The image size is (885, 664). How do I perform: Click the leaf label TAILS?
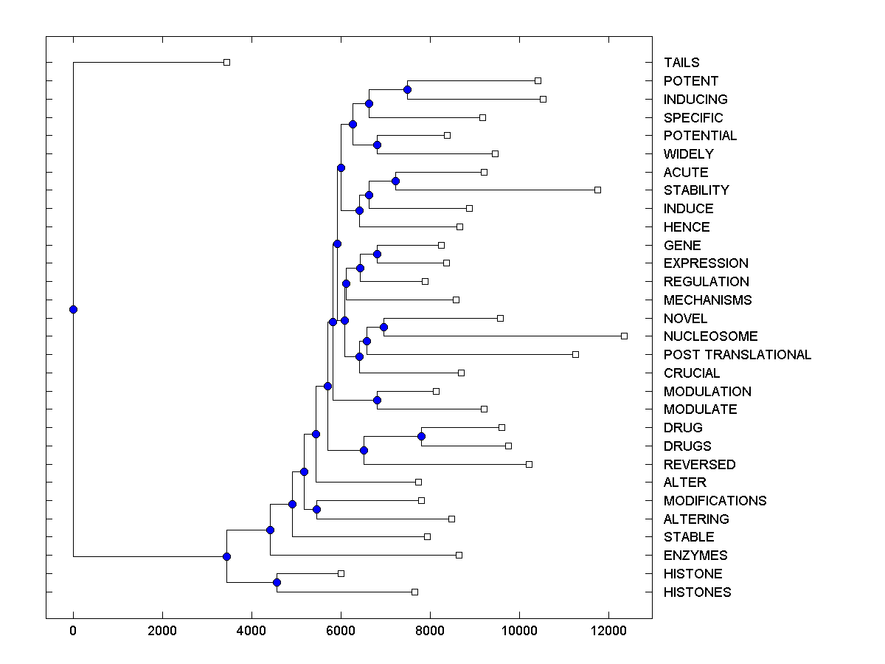[x=681, y=63]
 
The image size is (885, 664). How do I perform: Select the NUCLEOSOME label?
[x=710, y=336]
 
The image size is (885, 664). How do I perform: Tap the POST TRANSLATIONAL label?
[x=737, y=355]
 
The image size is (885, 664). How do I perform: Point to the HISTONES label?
[x=697, y=592]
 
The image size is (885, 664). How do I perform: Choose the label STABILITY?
[x=696, y=190]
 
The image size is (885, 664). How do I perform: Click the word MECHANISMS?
[x=707, y=300]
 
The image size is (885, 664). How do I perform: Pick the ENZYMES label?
[x=695, y=556]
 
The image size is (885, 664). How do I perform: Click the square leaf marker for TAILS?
[x=226, y=62]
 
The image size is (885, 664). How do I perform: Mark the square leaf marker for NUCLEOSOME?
[x=624, y=336]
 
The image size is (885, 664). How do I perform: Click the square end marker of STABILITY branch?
[x=597, y=190]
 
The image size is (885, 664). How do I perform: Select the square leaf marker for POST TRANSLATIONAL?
[x=575, y=354]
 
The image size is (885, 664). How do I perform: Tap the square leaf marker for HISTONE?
[x=341, y=573]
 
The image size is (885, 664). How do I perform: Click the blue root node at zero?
[x=73, y=309]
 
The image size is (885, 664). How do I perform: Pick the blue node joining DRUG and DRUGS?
[x=421, y=436]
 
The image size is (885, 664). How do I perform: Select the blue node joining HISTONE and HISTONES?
[x=277, y=582]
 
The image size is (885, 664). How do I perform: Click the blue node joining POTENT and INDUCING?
[x=407, y=89]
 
